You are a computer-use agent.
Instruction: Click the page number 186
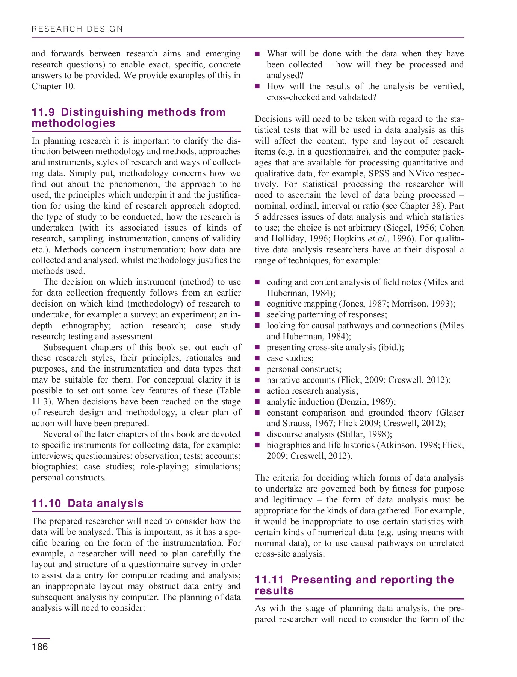tap(40, 647)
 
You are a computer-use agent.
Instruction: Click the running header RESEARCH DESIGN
tap(77, 29)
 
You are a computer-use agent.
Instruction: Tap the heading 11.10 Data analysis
tap(88, 503)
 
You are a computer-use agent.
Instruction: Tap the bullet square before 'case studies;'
tap(257, 358)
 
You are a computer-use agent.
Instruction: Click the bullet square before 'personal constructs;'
tap(257, 369)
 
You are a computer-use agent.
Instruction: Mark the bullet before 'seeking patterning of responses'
tap(257, 315)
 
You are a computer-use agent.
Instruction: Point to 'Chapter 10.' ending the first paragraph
tap(53, 86)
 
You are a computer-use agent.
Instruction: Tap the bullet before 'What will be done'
tap(257, 54)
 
